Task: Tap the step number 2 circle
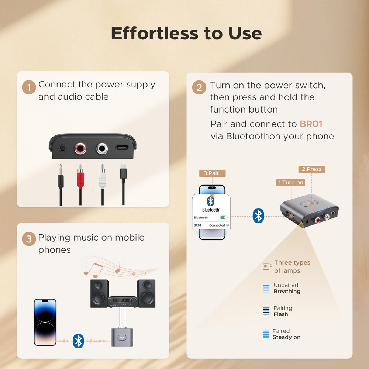click(x=199, y=87)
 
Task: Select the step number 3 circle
click(x=29, y=239)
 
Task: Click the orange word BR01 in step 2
click(x=311, y=124)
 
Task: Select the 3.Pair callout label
click(x=212, y=173)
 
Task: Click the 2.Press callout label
click(x=312, y=169)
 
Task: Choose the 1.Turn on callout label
click(x=291, y=182)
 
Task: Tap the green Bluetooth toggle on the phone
click(x=224, y=218)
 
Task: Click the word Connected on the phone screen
click(x=217, y=225)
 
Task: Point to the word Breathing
click(x=287, y=292)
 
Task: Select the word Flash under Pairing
click(x=280, y=314)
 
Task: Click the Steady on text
click(x=286, y=337)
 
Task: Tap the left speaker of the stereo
click(x=100, y=293)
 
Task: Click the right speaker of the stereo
click(x=146, y=293)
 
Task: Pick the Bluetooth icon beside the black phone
click(x=78, y=341)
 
